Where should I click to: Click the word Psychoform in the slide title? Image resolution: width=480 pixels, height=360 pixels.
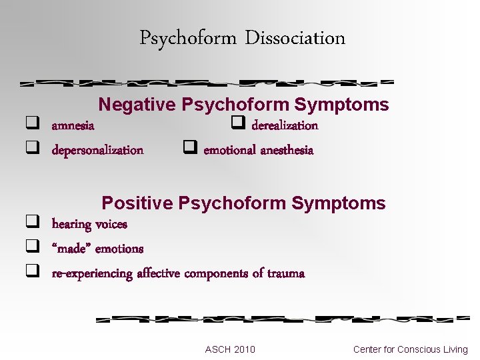tap(188, 38)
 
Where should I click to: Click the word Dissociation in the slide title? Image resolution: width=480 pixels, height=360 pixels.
tap(295, 38)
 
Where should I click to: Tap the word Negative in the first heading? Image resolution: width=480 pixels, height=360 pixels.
tap(137, 105)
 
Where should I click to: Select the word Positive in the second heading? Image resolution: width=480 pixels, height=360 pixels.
tap(137, 203)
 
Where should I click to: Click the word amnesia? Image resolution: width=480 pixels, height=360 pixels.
tap(73, 125)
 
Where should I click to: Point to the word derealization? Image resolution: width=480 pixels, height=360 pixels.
tap(285, 125)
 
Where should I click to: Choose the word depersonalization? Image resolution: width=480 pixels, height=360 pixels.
tap(97, 150)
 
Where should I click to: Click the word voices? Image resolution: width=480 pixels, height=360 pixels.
tap(111, 224)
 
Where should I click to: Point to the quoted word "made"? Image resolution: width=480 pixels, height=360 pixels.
tap(71, 249)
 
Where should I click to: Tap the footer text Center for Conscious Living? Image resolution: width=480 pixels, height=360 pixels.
tap(410, 349)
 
